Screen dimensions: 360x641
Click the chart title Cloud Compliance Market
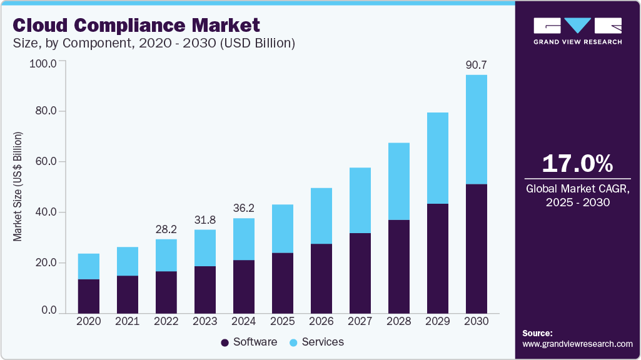[136, 26]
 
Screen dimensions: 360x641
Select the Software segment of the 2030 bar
[477, 249]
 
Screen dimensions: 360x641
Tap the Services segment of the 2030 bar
[477, 129]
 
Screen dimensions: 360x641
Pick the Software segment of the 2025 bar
[282, 283]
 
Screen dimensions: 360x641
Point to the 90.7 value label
[477, 64]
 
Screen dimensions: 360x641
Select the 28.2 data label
[166, 228]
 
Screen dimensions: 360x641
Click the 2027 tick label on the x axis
[360, 321]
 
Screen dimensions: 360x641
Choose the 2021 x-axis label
[127, 321]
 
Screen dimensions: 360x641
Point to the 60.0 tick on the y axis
[44, 162]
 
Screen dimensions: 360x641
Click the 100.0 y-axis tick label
[42, 63]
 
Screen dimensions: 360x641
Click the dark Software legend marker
[225, 342]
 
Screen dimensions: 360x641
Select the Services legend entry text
[323, 342]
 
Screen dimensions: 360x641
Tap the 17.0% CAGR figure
[577, 164]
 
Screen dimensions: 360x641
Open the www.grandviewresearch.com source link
[577, 344]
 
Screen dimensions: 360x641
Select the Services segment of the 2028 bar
[399, 181]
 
